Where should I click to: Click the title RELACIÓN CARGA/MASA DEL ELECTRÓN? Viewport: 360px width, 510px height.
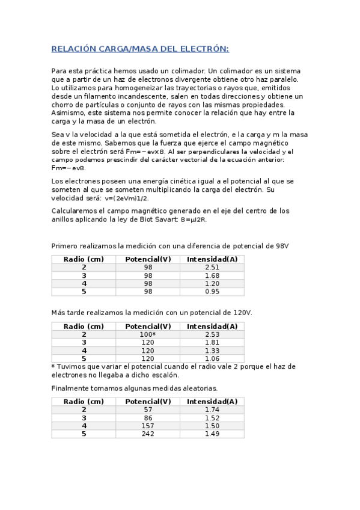[x=140, y=49]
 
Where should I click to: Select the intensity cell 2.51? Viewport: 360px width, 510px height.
[x=212, y=267]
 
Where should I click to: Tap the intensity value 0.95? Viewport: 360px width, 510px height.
[x=212, y=292]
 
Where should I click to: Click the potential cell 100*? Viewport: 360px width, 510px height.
[x=148, y=334]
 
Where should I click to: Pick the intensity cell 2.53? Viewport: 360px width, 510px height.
[x=212, y=334]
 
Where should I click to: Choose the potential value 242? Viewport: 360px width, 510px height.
[x=148, y=434]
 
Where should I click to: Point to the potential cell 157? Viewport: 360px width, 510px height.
[x=148, y=426]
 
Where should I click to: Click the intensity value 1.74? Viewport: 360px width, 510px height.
[x=212, y=410]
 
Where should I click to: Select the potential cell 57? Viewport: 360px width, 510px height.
[x=148, y=410]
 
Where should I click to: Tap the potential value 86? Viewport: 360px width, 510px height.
[x=148, y=417]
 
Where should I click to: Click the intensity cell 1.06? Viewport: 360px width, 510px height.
[x=212, y=358]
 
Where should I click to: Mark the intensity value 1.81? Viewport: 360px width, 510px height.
[x=212, y=342]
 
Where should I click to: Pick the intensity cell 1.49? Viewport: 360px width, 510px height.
[x=212, y=434]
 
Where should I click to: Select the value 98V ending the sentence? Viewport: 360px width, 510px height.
[x=282, y=245]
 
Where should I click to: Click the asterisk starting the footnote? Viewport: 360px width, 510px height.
[x=53, y=366]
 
